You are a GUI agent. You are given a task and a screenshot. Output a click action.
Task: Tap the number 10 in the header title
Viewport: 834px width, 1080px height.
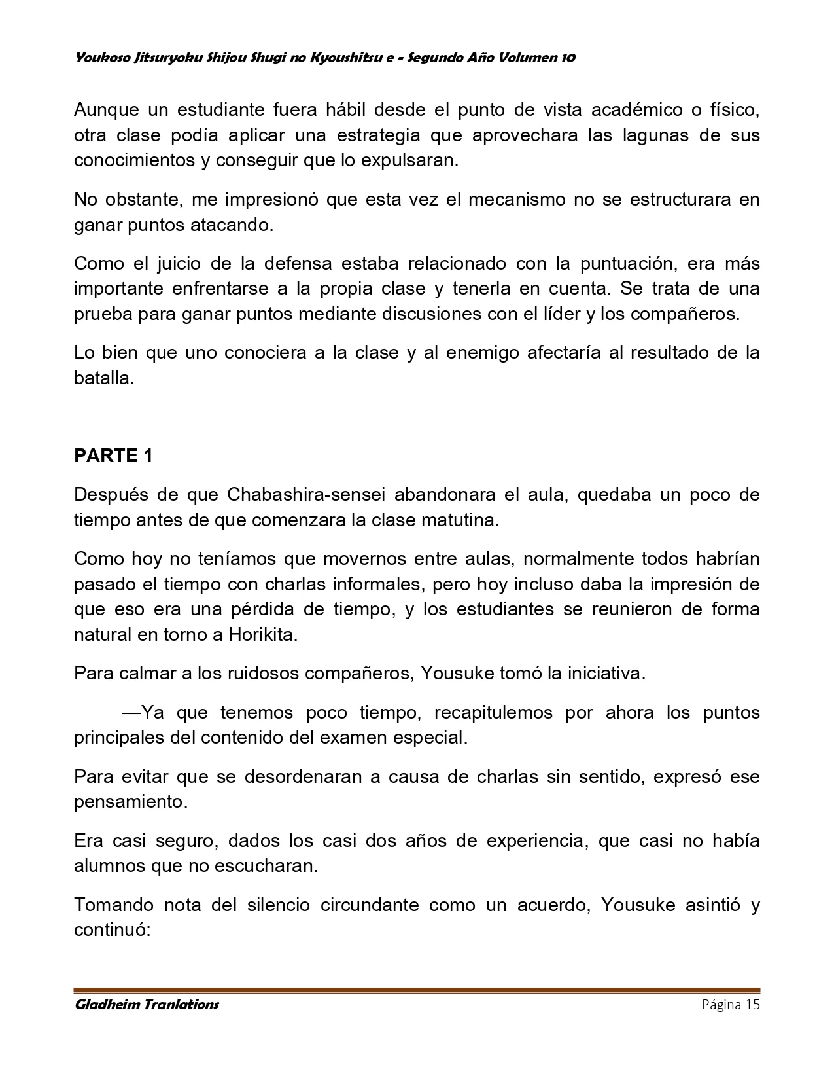568,58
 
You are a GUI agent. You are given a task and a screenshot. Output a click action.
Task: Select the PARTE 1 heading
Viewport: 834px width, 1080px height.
113,456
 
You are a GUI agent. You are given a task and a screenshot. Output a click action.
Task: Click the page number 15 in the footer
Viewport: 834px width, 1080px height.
752,1005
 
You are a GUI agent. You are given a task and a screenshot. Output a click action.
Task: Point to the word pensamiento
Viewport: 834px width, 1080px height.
131,802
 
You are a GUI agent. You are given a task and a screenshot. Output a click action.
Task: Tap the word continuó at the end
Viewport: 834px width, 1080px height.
112,930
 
